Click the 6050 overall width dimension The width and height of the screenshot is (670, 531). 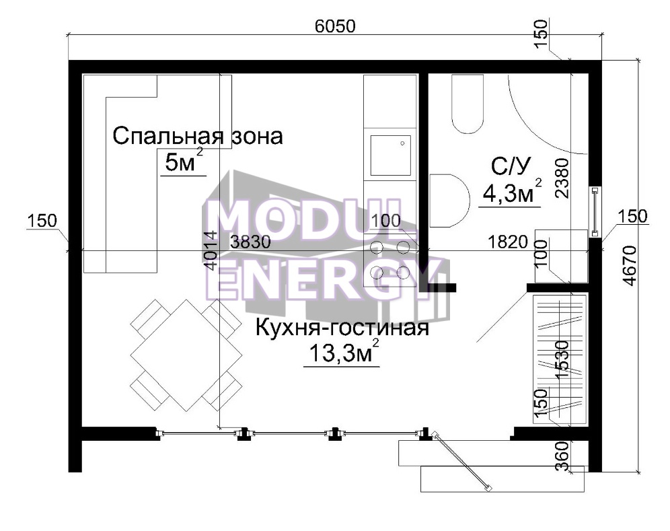335,26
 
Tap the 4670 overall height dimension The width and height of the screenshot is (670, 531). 630,265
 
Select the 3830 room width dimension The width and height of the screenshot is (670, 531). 250,242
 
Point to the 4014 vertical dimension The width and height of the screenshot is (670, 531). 211,250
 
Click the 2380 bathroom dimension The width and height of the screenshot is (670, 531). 562,178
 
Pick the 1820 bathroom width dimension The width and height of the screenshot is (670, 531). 508,242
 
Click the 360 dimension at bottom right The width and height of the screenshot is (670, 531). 564,456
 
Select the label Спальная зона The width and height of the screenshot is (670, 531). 197,136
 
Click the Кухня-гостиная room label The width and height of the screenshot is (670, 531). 342,328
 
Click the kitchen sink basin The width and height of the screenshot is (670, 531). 391,155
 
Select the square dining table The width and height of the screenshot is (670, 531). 186,355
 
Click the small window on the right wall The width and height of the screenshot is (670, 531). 595,211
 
